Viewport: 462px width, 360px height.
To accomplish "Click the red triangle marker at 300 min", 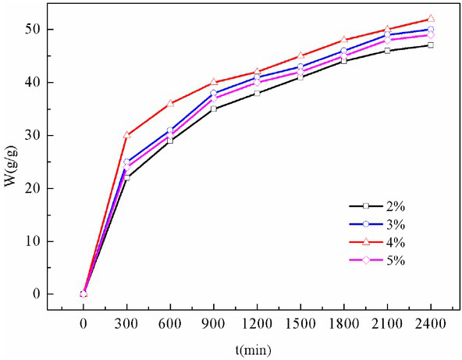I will coord(127,135).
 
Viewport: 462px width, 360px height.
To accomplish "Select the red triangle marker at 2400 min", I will coord(431,19).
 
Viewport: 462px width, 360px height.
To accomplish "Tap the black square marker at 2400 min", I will coord(431,45).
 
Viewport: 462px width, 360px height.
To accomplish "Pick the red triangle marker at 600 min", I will coord(170,103).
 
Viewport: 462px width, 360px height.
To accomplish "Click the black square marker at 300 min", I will coord(127,177).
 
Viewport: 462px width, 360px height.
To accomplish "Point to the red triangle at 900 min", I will coord(214,82).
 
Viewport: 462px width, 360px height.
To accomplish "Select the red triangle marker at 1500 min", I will coord(300,55).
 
